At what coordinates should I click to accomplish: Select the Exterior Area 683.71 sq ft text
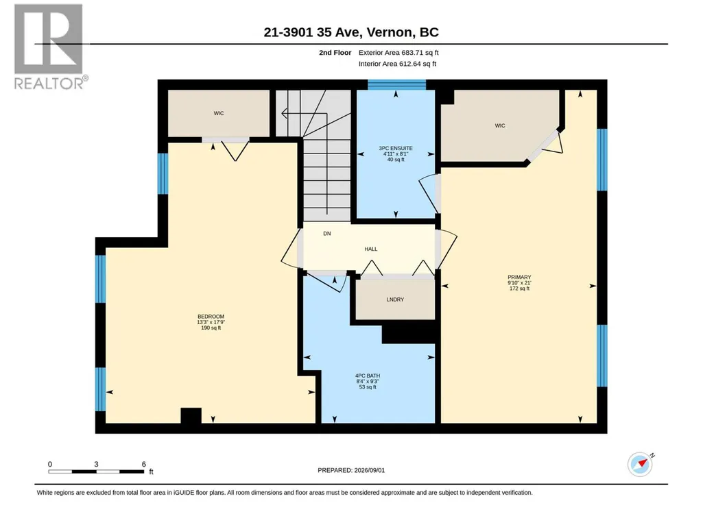(x=398, y=53)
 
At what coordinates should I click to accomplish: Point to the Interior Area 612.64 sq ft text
(x=397, y=64)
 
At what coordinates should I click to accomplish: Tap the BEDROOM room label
(x=211, y=317)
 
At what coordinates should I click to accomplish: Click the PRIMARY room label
(x=519, y=277)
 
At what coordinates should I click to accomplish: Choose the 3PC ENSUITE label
(x=396, y=148)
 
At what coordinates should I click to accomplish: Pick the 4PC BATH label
(x=368, y=376)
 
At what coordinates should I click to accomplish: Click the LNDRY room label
(x=395, y=299)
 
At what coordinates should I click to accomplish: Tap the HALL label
(x=371, y=249)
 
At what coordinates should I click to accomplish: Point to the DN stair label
(x=327, y=234)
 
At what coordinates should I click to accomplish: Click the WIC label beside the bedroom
(x=219, y=113)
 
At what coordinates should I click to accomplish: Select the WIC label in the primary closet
(x=500, y=126)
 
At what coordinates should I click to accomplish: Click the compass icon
(x=640, y=464)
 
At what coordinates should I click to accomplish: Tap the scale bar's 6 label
(x=144, y=464)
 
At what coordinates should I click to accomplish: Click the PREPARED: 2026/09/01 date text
(x=351, y=470)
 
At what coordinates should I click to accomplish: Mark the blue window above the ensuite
(x=396, y=85)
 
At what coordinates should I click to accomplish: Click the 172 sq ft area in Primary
(x=519, y=289)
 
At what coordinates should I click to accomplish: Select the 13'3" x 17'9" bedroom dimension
(x=211, y=322)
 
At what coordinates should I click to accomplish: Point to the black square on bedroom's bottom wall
(x=191, y=416)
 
